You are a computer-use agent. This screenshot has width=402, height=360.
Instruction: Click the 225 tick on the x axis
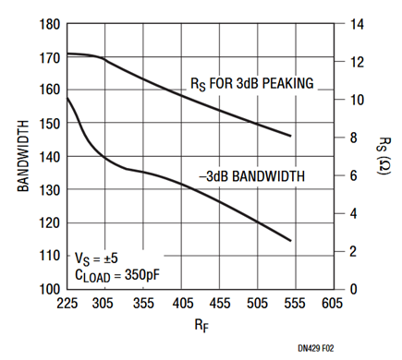(67, 303)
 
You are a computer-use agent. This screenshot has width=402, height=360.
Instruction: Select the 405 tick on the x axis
(182, 303)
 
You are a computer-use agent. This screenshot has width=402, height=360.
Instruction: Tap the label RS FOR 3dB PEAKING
(252, 84)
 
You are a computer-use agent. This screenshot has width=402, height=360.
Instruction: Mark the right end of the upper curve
(291, 136)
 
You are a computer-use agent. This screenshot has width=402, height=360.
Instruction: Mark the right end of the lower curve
(291, 241)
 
